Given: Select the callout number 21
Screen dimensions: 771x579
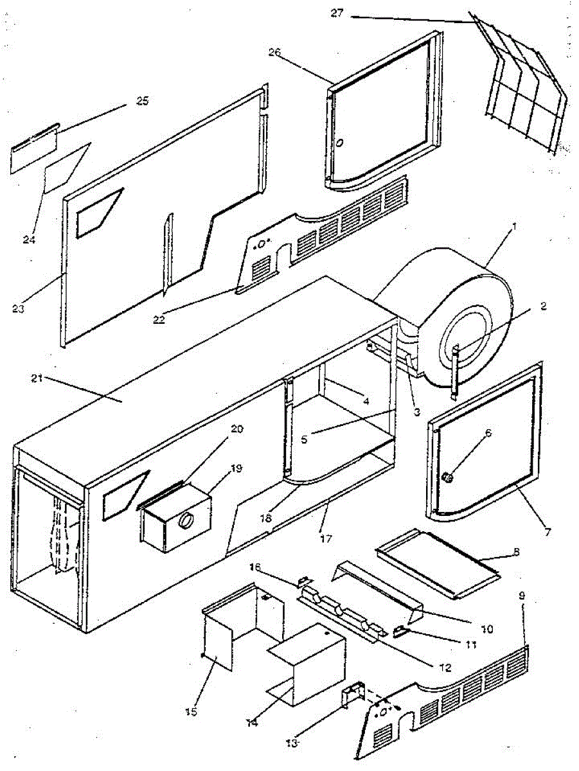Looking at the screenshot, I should (x=37, y=378).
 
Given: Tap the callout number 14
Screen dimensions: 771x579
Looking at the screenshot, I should (x=252, y=722).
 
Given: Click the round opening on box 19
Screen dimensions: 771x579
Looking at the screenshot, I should (x=186, y=520).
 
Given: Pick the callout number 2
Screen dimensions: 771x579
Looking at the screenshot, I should (x=542, y=306).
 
